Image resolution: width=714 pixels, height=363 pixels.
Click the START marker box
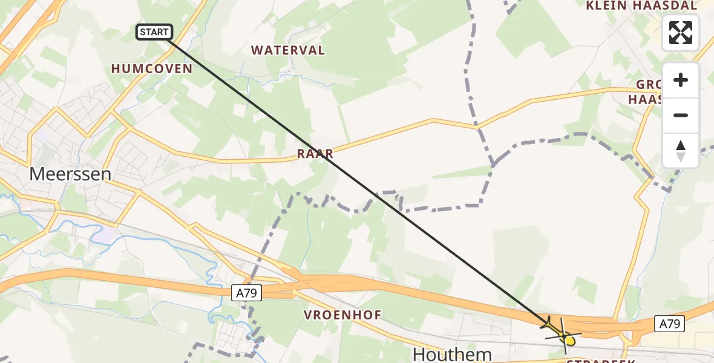[x=155, y=32]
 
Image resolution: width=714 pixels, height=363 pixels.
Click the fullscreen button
[x=681, y=33]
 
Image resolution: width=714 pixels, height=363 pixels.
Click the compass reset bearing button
[x=681, y=151]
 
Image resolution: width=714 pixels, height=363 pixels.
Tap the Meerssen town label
[x=70, y=174]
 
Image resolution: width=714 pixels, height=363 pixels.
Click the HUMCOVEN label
[x=151, y=69]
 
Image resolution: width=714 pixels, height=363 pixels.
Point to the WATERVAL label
[x=288, y=50]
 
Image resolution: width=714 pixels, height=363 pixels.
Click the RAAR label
[x=315, y=154]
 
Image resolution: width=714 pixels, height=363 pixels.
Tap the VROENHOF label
[x=342, y=315]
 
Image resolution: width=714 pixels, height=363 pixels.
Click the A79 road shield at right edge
[x=669, y=324]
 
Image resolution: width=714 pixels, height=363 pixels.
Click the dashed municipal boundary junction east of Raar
[x=494, y=163]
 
